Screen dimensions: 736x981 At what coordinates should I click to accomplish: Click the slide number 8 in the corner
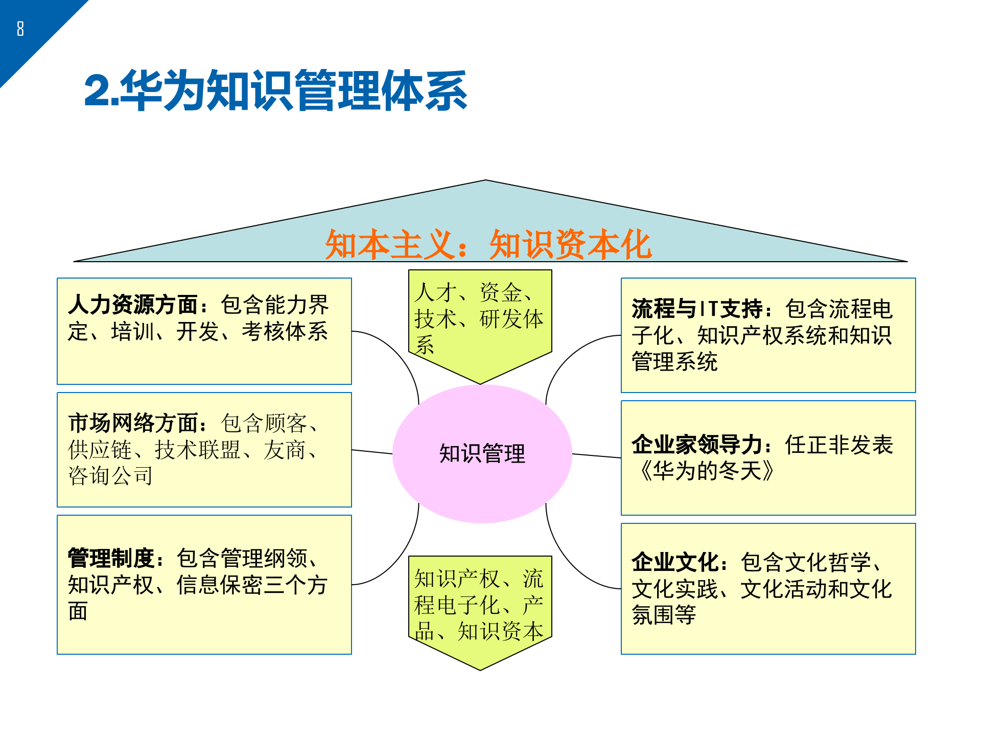pos(20,29)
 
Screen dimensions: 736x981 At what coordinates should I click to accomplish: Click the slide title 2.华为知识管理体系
pos(276,91)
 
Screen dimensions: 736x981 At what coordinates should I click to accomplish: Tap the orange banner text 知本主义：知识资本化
pos(488,244)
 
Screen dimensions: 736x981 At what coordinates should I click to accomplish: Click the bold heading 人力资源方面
pos(133,305)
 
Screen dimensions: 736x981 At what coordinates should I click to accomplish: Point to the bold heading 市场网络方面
pos(133,423)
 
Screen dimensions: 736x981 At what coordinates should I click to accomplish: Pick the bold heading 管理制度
pos(111,558)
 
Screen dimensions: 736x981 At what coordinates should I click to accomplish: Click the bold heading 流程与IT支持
pos(697,309)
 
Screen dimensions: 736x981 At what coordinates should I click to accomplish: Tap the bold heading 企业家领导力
pos(697,445)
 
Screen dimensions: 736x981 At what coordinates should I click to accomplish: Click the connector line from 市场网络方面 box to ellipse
pos(372,452)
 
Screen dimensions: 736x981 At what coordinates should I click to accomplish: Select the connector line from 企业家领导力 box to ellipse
pos(596,456)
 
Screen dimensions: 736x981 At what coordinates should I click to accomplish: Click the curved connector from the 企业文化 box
pos(567,562)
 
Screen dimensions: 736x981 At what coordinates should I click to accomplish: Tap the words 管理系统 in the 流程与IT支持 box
pos(674,362)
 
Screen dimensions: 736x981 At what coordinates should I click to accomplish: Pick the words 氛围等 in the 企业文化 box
pos(664,615)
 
